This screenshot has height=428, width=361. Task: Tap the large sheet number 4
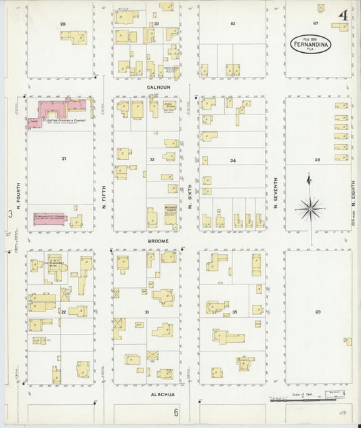coord(345,15)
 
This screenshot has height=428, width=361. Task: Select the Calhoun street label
coord(155,87)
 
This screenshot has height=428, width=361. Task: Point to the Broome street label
coord(155,240)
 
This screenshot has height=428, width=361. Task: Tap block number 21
coord(64,159)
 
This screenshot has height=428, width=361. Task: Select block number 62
coord(232,24)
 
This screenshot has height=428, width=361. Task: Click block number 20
coord(63,24)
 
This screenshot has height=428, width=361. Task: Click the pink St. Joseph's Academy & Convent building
coord(54,110)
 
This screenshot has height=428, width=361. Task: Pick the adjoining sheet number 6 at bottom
coord(175,412)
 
